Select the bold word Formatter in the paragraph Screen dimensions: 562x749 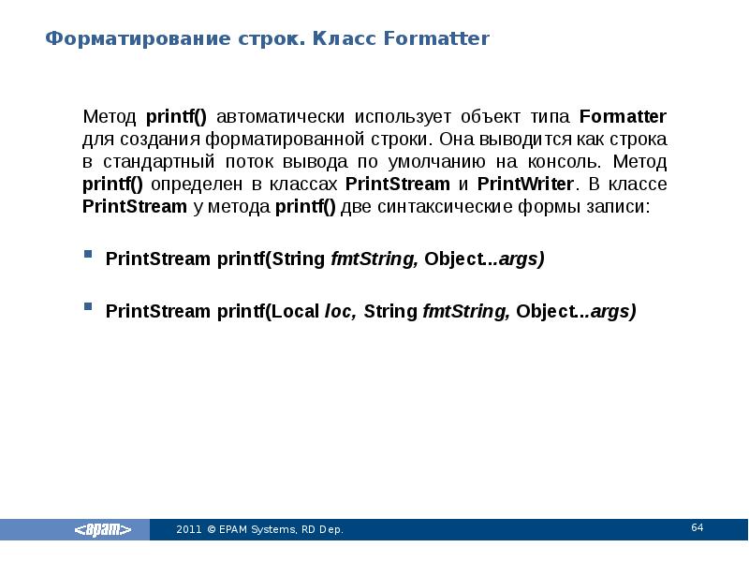[x=623, y=117]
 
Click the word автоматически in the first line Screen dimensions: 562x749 [x=278, y=117]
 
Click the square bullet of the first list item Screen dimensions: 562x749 [x=88, y=255]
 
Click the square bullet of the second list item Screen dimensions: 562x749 [x=88, y=307]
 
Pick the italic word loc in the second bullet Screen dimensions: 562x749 [x=338, y=311]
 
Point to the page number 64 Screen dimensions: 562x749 [x=697, y=528]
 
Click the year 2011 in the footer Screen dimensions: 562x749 [x=188, y=530]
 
